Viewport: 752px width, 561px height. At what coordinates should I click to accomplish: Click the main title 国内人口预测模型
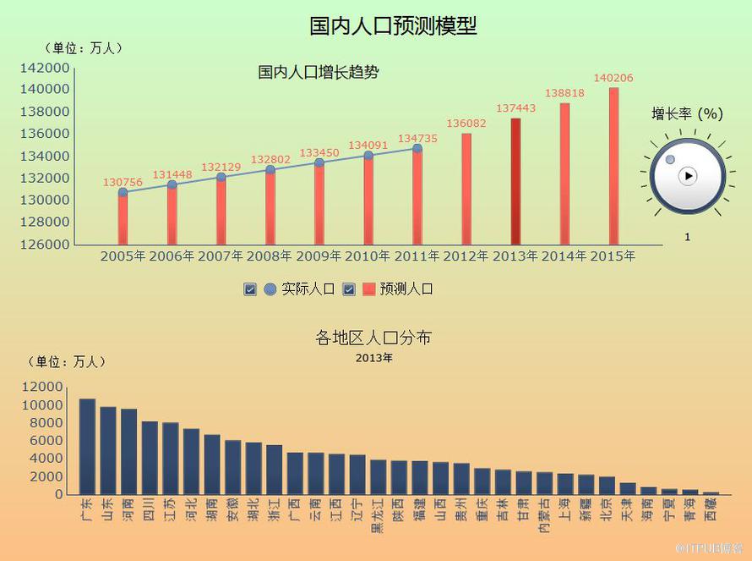[x=393, y=26]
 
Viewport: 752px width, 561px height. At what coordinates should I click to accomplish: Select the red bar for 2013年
[x=515, y=181]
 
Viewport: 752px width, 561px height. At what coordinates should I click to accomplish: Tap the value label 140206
[x=613, y=78]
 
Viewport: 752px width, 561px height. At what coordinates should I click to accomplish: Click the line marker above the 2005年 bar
[x=123, y=192]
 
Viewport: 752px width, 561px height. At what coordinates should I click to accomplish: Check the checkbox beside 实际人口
[x=249, y=289]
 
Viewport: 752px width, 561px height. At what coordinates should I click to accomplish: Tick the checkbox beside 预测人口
[x=349, y=289]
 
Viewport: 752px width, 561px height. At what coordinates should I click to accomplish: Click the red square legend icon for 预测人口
[x=368, y=289]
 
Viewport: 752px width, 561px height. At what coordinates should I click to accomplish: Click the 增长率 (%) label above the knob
[x=687, y=113]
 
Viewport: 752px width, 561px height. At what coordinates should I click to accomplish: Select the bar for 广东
[x=87, y=446]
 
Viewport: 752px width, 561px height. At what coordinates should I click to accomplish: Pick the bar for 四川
[x=150, y=458]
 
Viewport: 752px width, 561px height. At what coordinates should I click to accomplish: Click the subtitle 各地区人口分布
[x=373, y=338]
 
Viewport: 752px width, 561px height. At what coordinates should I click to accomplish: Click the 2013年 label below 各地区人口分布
[x=373, y=358]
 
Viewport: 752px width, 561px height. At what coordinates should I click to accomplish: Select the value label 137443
[x=515, y=108]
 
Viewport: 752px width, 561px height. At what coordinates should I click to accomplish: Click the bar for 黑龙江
[x=378, y=476]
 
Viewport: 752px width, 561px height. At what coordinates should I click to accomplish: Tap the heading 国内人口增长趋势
[x=319, y=73]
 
